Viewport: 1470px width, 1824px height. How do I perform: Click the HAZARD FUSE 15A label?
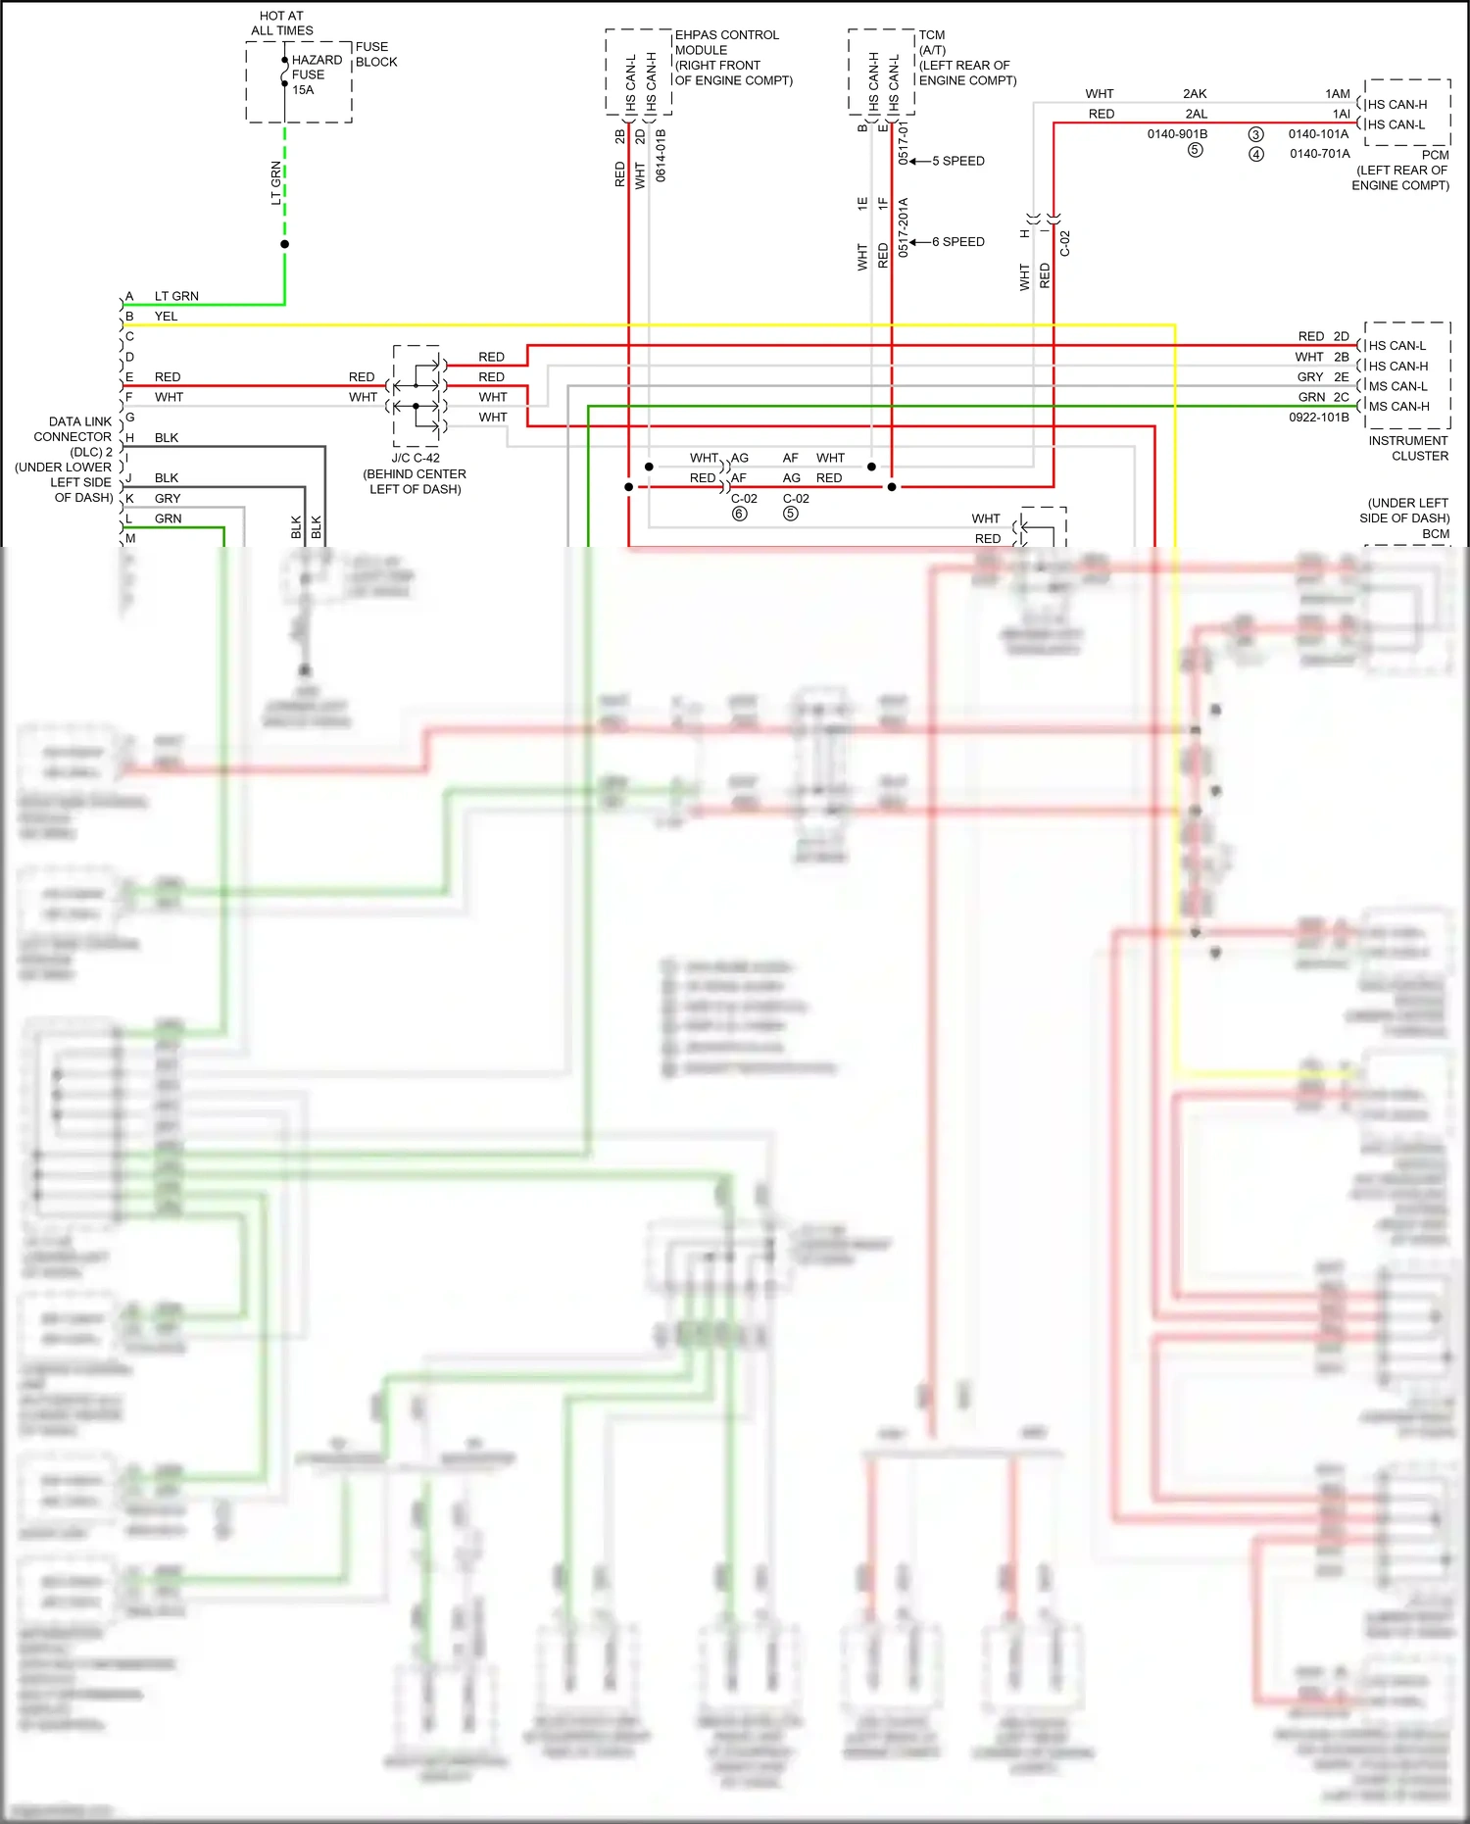[x=316, y=74]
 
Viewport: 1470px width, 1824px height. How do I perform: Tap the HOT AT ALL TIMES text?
[x=281, y=24]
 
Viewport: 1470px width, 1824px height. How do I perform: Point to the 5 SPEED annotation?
[x=957, y=161]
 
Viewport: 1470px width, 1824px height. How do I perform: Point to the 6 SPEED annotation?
[x=957, y=241]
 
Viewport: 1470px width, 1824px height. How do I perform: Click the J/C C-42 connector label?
[x=416, y=458]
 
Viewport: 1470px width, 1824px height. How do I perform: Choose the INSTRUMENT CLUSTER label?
[x=1407, y=448]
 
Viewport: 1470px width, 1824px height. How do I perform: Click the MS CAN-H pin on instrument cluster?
[x=1398, y=406]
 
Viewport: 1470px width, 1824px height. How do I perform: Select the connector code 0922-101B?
[x=1318, y=418]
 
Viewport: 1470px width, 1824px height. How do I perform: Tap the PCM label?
[x=1435, y=155]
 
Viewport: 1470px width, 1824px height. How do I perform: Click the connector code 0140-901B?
[x=1177, y=134]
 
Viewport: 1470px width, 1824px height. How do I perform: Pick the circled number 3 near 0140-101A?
[x=1255, y=134]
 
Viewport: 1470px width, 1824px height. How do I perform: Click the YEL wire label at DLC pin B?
[x=166, y=317]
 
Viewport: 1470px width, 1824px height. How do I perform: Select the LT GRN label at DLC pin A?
[x=176, y=296]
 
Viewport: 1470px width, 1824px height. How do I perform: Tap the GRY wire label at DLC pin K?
[x=168, y=499]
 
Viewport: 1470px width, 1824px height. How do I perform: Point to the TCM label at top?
[x=931, y=35]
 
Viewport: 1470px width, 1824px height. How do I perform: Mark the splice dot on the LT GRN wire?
[x=284, y=244]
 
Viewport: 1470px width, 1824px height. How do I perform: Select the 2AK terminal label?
[x=1195, y=94]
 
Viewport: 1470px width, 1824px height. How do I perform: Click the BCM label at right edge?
[x=1436, y=534]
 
